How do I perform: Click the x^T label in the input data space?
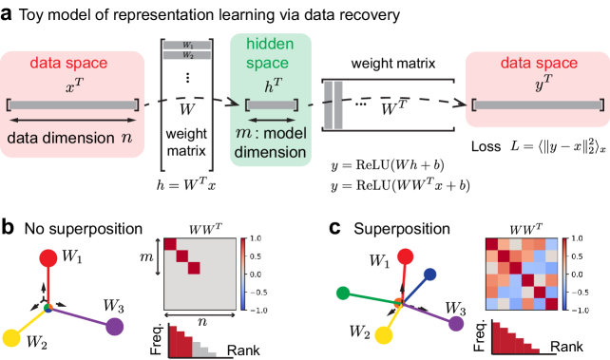tap(73, 86)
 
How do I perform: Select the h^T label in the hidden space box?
tap(272, 85)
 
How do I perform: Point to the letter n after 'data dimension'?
tap(126, 138)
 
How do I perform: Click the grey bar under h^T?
tap(272, 104)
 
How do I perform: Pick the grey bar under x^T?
tap(73, 104)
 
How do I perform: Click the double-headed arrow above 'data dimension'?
tap(73, 121)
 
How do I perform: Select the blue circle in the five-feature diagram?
tap(429, 275)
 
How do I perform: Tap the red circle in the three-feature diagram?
tap(48, 257)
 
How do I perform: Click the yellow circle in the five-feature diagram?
tap(385, 334)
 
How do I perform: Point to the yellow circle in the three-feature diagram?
tap(12, 336)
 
